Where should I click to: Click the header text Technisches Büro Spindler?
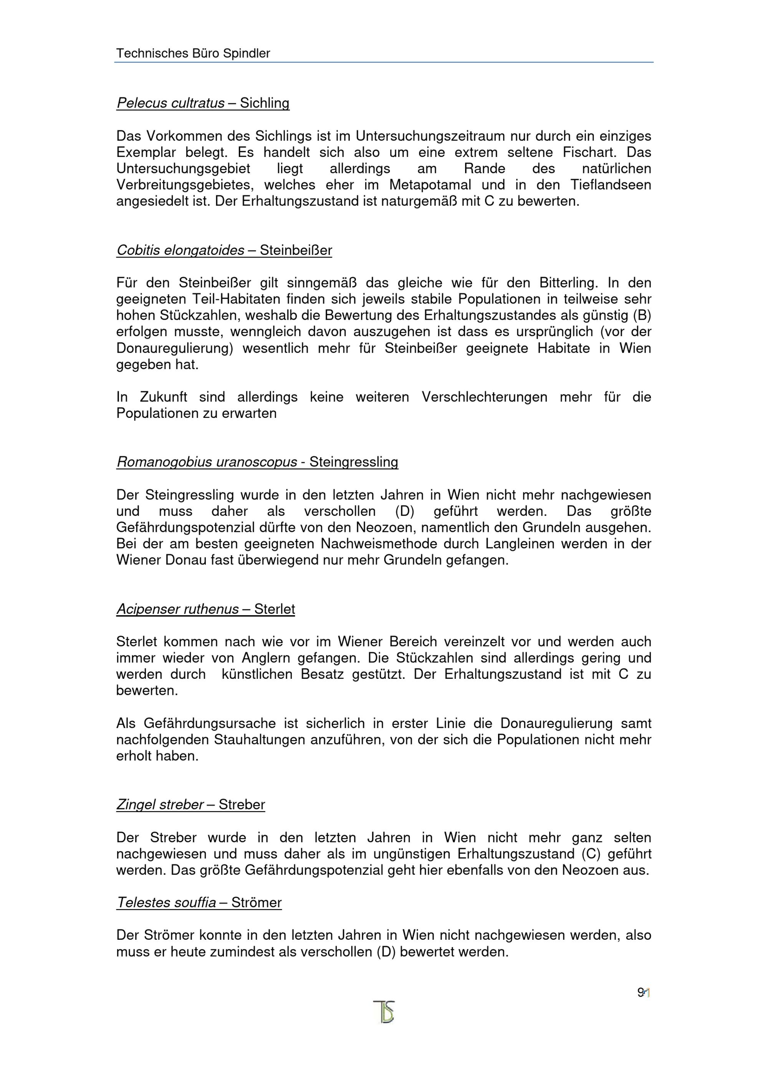click(193, 53)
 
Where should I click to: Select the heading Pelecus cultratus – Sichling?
click(203, 103)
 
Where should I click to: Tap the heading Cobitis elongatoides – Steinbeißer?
click(224, 250)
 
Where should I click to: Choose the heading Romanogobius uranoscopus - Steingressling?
click(257, 462)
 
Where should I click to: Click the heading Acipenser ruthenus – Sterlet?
click(206, 609)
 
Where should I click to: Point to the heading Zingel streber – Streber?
click(191, 805)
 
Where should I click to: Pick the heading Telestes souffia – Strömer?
click(199, 903)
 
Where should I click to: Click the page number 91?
click(644, 993)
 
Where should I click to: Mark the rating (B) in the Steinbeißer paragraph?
click(642, 315)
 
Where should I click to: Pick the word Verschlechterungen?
click(484, 397)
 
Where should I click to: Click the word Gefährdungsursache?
click(196, 724)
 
